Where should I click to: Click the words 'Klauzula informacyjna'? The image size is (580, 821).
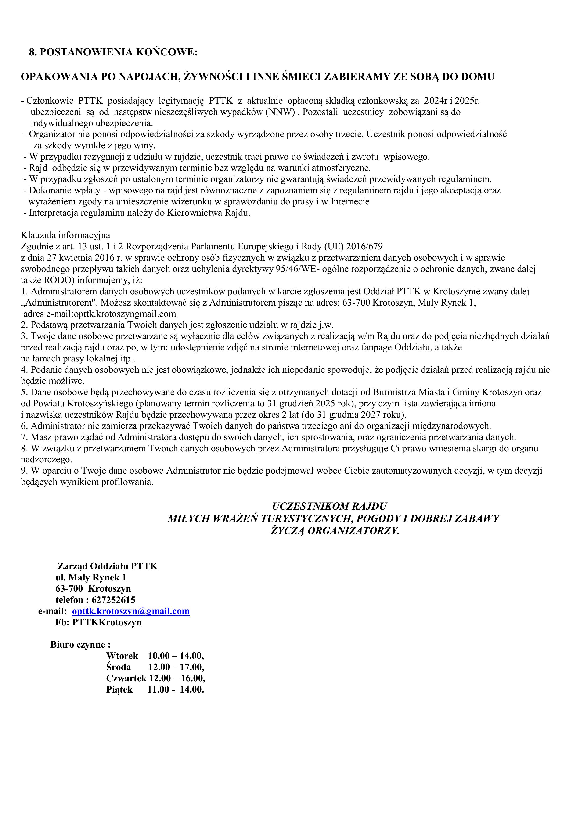(65, 235)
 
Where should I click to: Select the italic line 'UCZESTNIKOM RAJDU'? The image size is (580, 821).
(329, 506)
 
